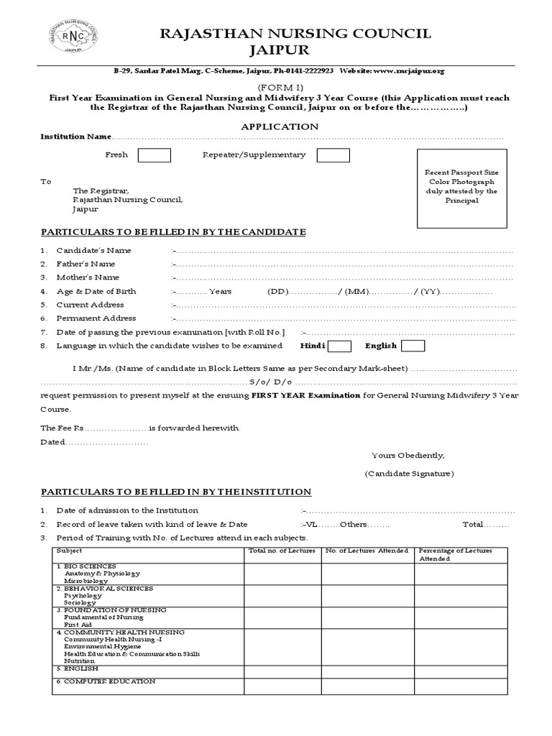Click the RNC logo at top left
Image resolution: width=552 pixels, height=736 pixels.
coord(73,37)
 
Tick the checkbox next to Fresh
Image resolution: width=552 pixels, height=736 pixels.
coord(154,155)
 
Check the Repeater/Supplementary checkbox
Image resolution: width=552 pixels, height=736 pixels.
coord(333,155)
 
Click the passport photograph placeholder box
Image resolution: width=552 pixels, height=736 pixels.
coord(461,187)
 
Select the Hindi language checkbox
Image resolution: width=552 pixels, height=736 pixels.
coord(340,346)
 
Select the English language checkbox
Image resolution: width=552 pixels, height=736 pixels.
coord(413,346)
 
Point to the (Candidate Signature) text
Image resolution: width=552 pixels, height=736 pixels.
coord(408,474)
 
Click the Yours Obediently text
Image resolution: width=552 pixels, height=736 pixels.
coord(408,456)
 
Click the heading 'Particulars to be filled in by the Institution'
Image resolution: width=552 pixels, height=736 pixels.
coord(175,492)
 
